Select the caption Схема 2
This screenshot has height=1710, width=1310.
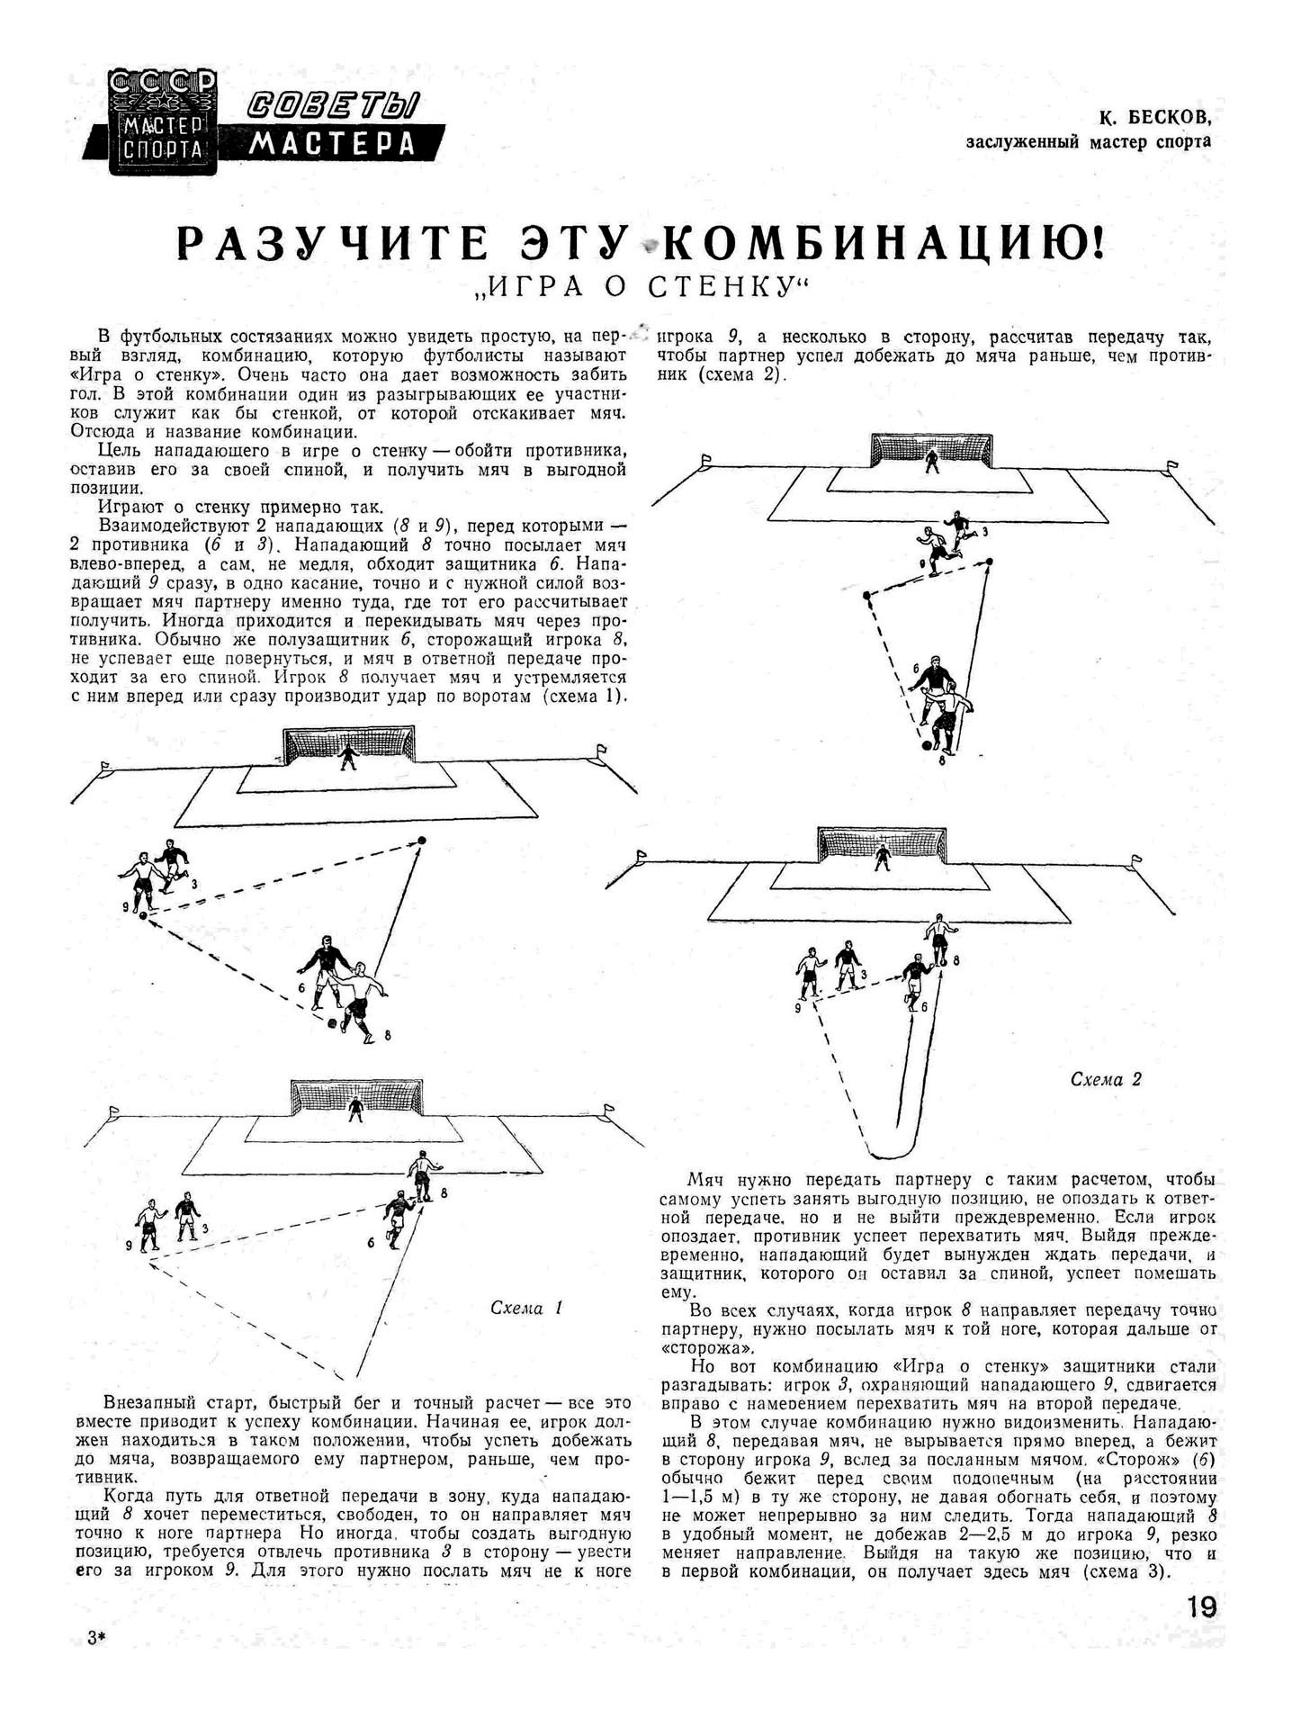pyautogui.click(x=1106, y=1078)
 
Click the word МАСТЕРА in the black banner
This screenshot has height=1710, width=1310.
pyautogui.click(x=332, y=143)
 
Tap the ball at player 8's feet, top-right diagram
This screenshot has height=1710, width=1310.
pyautogui.click(x=927, y=745)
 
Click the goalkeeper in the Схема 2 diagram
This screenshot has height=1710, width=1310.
pyautogui.click(x=879, y=859)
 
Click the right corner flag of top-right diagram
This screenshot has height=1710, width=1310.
pyautogui.click(x=1171, y=466)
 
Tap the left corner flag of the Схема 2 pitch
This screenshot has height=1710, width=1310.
pyautogui.click(x=642, y=856)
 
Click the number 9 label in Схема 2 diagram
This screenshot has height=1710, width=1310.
pyautogui.click(x=797, y=1010)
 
